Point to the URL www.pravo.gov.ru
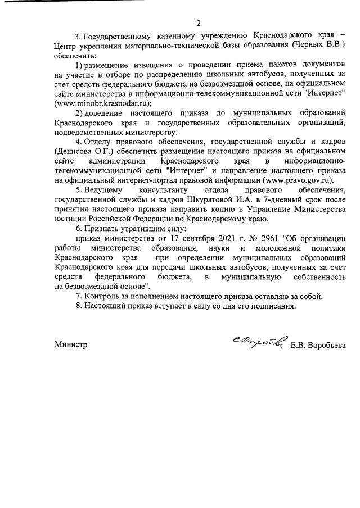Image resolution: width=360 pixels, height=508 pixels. pyautogui.click(x=297, y=180)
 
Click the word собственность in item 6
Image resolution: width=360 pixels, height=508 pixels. pyautogui.click(x=317, y=277)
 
